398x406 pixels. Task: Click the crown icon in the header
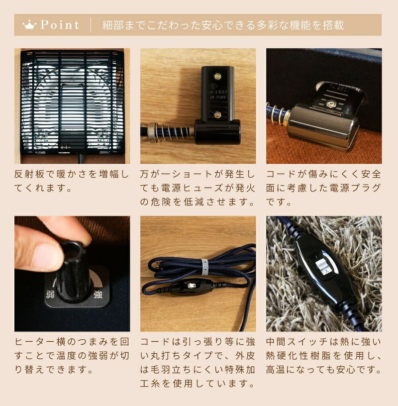[x=29, y=25]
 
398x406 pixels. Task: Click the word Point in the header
[x=60, y=25]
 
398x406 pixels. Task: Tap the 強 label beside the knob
[x=98, y=295]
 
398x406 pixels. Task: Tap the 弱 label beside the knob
[x=50, y=295]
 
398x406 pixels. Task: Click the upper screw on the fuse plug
[x=217, y=76]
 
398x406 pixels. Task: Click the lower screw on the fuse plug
[x=217, y=114]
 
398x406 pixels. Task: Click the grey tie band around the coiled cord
[x=204, y=266]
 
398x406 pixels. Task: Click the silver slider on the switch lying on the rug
[x=322, y=267]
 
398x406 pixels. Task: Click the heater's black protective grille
[x=72, y=103]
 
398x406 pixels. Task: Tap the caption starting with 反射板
[x=72, y=181]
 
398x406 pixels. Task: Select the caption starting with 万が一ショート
[x=198, y=188]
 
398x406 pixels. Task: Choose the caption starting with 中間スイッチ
[x=324, y=356]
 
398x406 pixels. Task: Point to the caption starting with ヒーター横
[x=72, y=356]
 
